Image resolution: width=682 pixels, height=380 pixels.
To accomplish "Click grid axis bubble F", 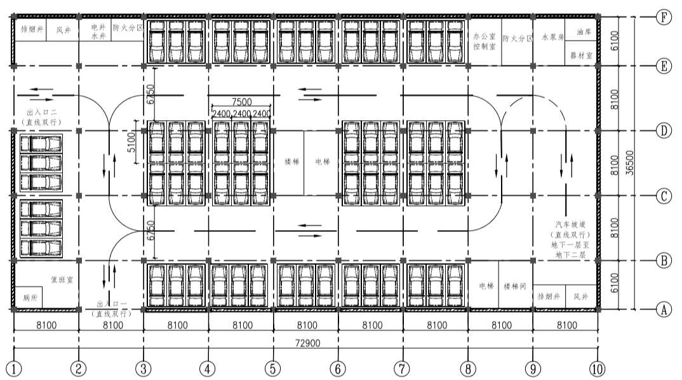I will (x=663, y=18).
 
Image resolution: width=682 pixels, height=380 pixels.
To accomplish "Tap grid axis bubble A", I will (x=663, y=310).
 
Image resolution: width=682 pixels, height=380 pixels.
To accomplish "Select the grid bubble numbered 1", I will (x=14, y=369).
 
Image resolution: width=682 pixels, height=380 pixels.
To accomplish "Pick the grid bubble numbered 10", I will (x=597, y=369).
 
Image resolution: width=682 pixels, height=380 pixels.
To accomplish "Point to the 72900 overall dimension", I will (x=306, y=344).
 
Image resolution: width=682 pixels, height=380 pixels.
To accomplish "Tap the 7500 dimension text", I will (x=242, y=102).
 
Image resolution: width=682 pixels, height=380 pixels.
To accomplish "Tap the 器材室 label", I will (x=581, y=56).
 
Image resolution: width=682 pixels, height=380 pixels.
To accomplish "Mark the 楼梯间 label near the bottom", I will (x=515, y=287).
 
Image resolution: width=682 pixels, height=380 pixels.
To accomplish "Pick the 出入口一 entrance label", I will (x=110, y=308).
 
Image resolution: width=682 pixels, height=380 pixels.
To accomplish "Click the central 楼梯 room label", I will (x=289, y=161).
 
